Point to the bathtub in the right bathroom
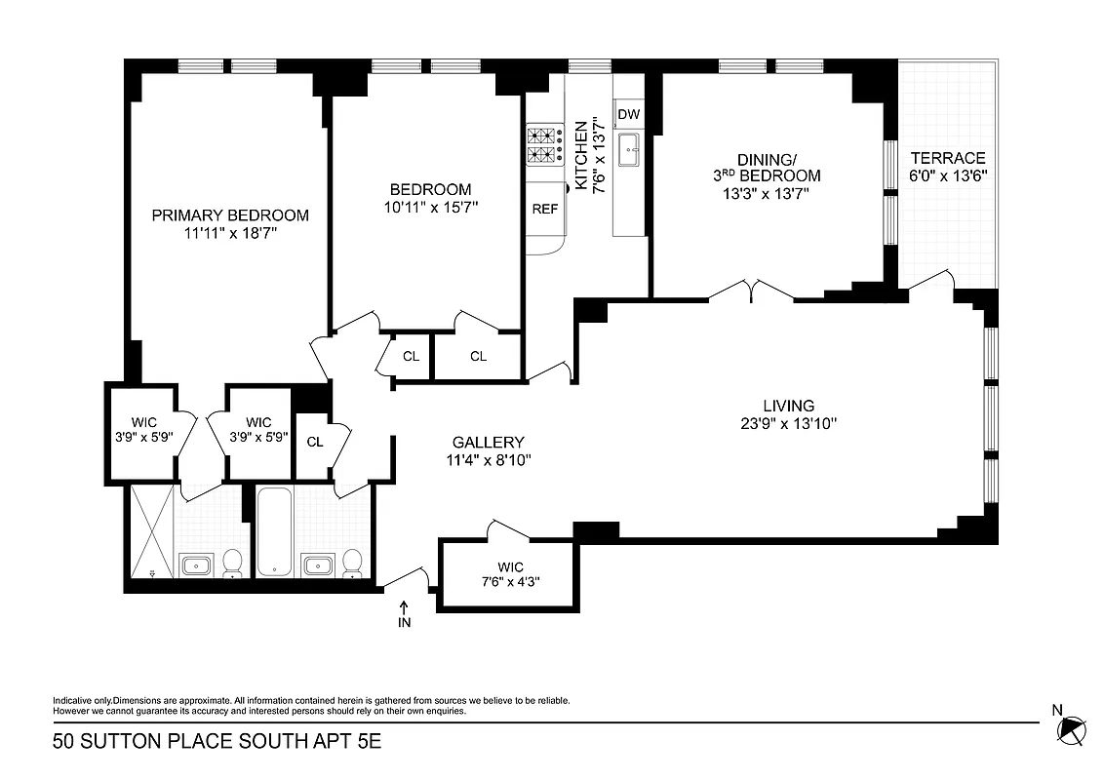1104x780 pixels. [x=275, y=531]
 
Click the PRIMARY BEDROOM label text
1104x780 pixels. [x=230, y=215]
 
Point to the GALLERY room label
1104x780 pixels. [x=489, y=442]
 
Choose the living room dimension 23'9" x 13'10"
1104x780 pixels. [x=789, y=423]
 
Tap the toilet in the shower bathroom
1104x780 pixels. [x=233, y=563]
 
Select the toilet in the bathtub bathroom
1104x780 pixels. [x=352, y=563]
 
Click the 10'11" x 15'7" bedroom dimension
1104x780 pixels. [x=430, y=207]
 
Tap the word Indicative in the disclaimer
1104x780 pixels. [x=70, y=701]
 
